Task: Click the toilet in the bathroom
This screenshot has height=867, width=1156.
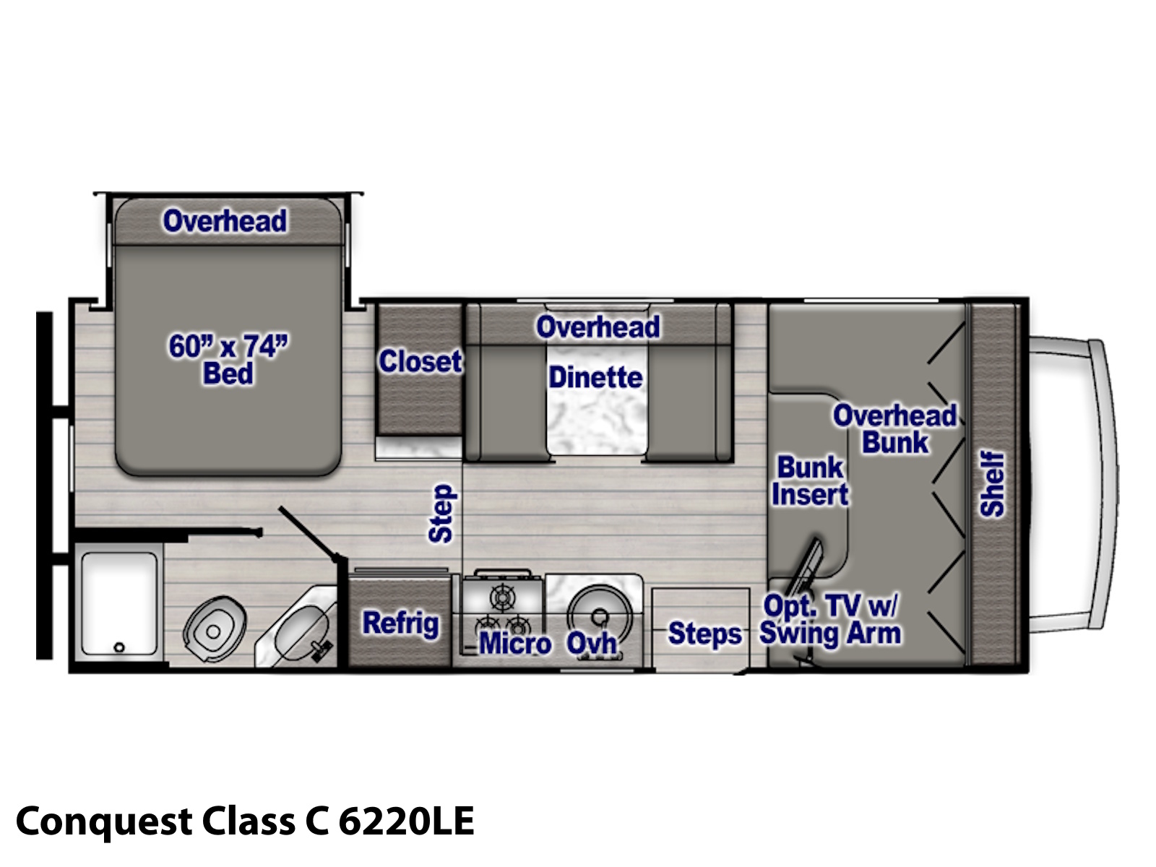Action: tap(215, 629)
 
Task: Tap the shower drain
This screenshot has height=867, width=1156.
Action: tap(119, 647)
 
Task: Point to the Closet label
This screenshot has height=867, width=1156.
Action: tap(420, 361)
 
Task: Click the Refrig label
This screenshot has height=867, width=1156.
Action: tap(401, 624)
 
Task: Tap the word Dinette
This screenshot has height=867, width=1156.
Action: tap(595, 377)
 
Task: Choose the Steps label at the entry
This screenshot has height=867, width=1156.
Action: tap(704, 634)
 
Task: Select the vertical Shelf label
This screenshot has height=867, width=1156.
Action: tap(992, 484)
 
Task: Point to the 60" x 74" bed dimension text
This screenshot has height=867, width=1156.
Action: tap(228, 346)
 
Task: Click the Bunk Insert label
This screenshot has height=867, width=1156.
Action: tap(810, 480)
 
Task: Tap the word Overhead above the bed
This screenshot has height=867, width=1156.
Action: tap(225, 220)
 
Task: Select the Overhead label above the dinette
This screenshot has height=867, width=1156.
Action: tap(598, 327)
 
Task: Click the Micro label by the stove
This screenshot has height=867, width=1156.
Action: tap(515, 643)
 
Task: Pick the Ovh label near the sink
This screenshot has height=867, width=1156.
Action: tap(592, 643)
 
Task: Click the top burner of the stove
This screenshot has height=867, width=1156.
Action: tap(503, 598)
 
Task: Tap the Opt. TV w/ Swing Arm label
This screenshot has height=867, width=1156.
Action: tap(830, 620)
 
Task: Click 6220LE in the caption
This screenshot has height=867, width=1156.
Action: tap(406, 821)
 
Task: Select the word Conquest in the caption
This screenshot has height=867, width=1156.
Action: tap(104, 822)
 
